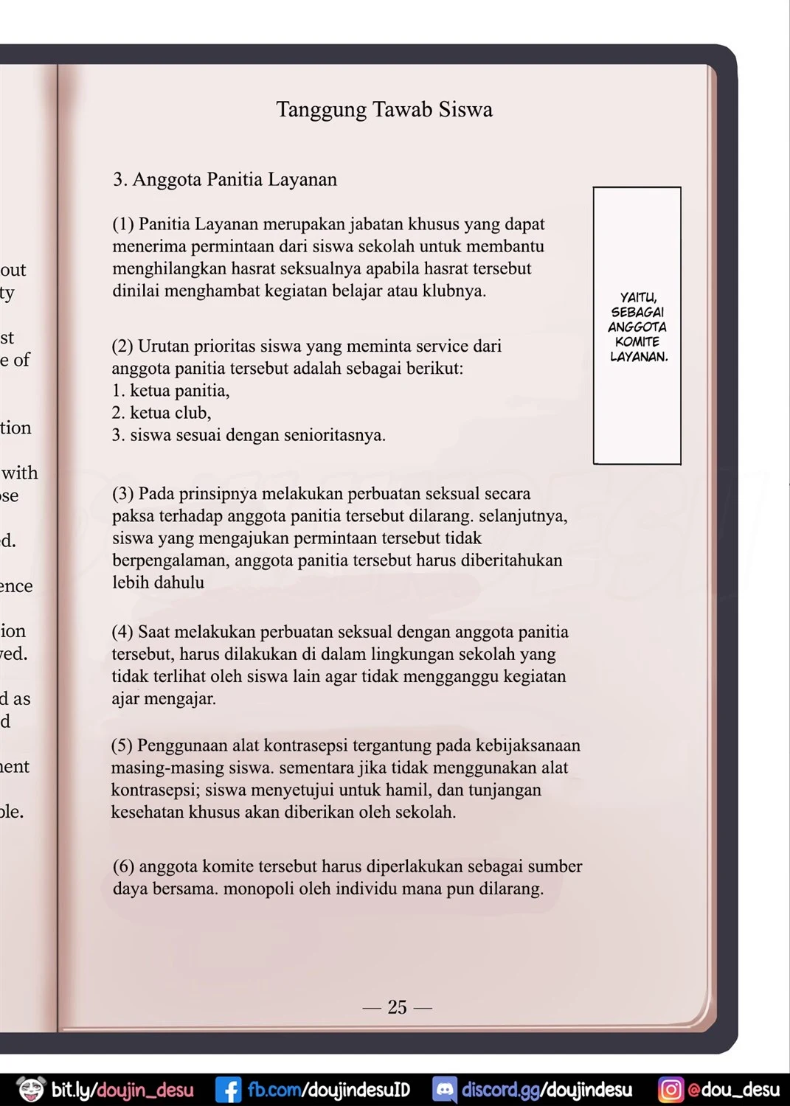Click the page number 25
pos(397,1007)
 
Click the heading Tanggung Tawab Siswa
pos(384,110)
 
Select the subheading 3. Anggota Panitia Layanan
pos(225,180)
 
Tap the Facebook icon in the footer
pos(228,1090)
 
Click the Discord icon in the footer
pos(444,1090)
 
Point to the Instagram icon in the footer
pos(671,1090)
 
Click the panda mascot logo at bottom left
pos(31,1090)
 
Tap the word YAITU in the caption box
pos(638,298)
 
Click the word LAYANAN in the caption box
pos(639,357)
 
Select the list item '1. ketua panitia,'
pos(171,391)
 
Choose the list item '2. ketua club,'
pos(162,413)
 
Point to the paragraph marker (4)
pos(122,632)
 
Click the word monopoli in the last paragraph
pos(257,888)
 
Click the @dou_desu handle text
pos(733,1090)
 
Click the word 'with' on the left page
pos(20,473)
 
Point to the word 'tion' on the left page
pos(15,428)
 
